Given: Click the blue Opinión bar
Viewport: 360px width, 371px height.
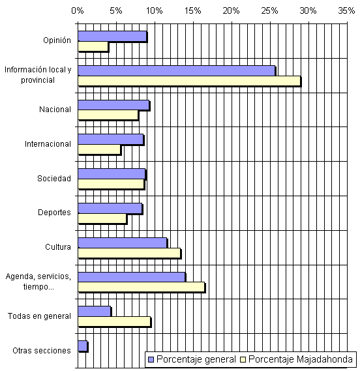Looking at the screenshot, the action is coord(112,37).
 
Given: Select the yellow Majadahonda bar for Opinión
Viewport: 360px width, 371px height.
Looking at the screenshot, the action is coord(93,46).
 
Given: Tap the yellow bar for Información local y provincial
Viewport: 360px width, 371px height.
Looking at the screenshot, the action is coord(189,81).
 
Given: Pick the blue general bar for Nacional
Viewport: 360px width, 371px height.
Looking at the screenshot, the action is coord(113,105).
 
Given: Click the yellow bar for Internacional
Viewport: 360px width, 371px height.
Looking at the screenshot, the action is coord(99,149).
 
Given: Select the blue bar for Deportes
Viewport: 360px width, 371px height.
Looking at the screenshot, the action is coord(110,209).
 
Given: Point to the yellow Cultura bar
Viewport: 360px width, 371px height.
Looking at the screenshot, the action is coord(129,253).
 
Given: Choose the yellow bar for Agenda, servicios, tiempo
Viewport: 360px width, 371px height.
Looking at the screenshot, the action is coord(142,287).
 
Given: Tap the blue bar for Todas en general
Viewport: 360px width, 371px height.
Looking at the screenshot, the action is coord(95,312).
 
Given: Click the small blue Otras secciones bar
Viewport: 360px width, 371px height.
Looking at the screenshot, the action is coord(83,346).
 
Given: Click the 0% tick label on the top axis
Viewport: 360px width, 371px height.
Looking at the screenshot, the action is coord(78,10).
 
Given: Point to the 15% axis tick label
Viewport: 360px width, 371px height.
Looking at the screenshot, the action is coord(192,10).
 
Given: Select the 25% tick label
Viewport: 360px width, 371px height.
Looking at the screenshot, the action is coord(269,10).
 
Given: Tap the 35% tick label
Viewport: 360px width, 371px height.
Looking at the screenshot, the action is coord(346,10).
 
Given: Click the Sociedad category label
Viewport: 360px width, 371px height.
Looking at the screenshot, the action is coord(54,179).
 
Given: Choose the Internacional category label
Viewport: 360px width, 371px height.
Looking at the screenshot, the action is coord(48,144).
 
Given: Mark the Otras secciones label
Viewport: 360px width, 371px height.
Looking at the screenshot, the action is coord(42,350).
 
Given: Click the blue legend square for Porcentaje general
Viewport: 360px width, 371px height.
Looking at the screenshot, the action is coord(151,360).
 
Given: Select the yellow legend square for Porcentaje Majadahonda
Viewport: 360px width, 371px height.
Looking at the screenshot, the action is coord(243,360).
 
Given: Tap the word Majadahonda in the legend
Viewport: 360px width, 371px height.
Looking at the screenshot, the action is coord(325,359).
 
